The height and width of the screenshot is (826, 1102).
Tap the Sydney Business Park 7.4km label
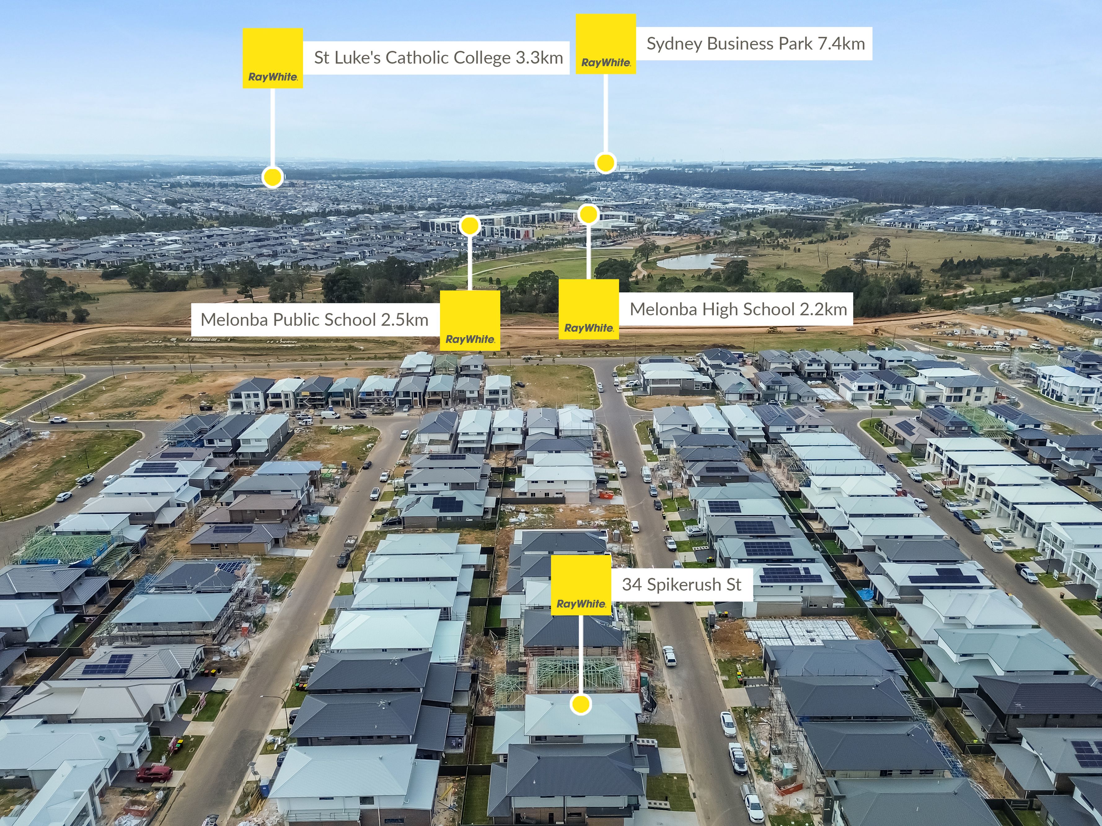point(755,44)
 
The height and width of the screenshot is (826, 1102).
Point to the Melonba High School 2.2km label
point(738,309)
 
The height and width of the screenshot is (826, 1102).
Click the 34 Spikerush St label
point(681,584)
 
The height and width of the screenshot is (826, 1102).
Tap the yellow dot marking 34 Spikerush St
point(581,704)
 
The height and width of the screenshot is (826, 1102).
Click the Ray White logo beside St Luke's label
point(272,58)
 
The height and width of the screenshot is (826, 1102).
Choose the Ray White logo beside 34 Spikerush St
point(581,585)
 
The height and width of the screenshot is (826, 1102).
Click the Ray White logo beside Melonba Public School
point(470,321)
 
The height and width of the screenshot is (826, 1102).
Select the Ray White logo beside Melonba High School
point(588,309)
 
